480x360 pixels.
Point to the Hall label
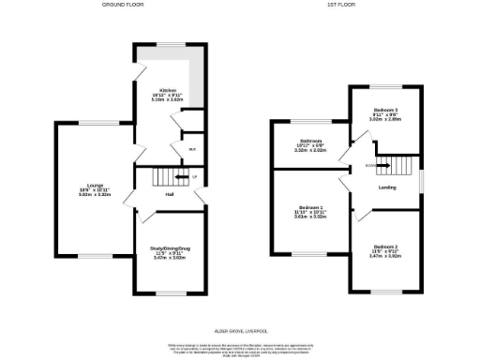click(x=170, y=195)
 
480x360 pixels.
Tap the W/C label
click(x=191, y=149)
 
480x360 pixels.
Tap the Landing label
click(x=386, y=187)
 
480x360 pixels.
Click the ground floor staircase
click(x=167, y=177)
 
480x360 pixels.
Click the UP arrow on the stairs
click(x=190, y=176)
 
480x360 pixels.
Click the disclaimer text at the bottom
click(x=240, y=350)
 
